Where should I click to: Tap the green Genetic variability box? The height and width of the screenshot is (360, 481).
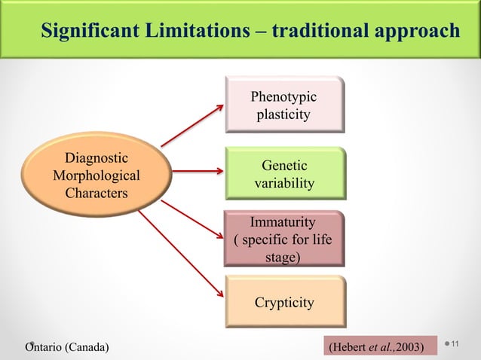coord(283,175)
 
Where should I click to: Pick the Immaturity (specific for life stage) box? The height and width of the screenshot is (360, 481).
coord(283,239)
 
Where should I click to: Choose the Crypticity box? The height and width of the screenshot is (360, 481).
coord(283,303)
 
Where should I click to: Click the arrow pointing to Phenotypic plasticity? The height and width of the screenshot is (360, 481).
coord(193,124)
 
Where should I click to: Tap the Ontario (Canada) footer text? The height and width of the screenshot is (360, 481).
coord(66,346)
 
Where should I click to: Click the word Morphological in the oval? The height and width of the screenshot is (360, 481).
coord(96,175)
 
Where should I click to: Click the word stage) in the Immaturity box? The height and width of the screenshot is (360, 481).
coord(283,258)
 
